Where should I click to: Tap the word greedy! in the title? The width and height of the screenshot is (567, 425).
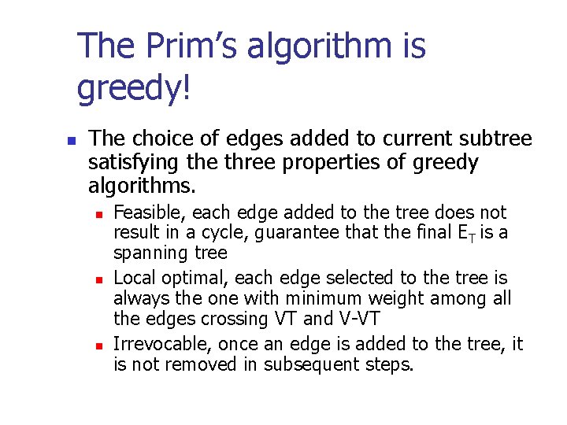click(134, 88)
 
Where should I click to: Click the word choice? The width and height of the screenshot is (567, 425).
click(156, 139)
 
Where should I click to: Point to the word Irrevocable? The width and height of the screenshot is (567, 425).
click(161, 344)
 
